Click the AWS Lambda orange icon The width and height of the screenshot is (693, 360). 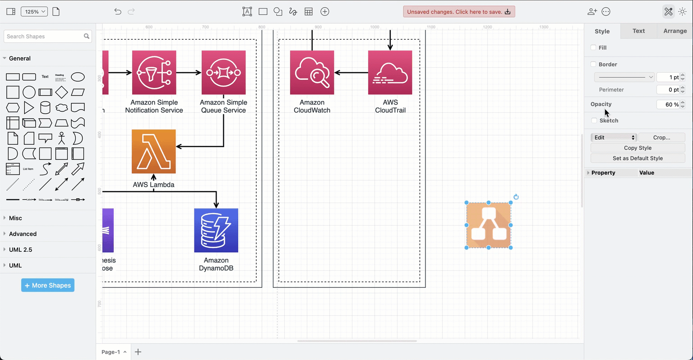[x=153, y=152]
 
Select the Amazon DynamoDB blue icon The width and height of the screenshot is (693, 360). [x=216, y=230]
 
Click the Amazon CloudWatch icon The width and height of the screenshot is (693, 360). [x=312, y=72]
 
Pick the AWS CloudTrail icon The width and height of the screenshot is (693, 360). [x=390, y=72]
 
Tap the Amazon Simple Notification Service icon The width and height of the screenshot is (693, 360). [x=154, y=72]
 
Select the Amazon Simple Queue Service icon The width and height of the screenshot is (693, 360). [x=223, y=72]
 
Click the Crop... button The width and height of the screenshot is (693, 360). [x=661, y=138]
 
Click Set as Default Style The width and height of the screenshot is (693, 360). [x=638, y=158]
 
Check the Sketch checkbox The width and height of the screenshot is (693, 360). [x=594, y=120]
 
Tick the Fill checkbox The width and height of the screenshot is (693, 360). [x=593, y=47]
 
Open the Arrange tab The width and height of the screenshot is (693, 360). [x=675, y=31]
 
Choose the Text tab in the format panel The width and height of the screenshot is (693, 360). [x=638, y=31]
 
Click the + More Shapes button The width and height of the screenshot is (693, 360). [x=48, y=285]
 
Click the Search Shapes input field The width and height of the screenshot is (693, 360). [x=44, y=37]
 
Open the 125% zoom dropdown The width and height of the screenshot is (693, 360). [x=34, y=12]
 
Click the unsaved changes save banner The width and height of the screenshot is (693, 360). [x=459, y=12]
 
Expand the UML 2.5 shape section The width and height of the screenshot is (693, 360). [x=21, y=249]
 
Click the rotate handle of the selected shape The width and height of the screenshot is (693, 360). [x=516, y=197]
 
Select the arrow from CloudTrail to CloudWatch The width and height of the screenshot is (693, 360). [x=352, y=72]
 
